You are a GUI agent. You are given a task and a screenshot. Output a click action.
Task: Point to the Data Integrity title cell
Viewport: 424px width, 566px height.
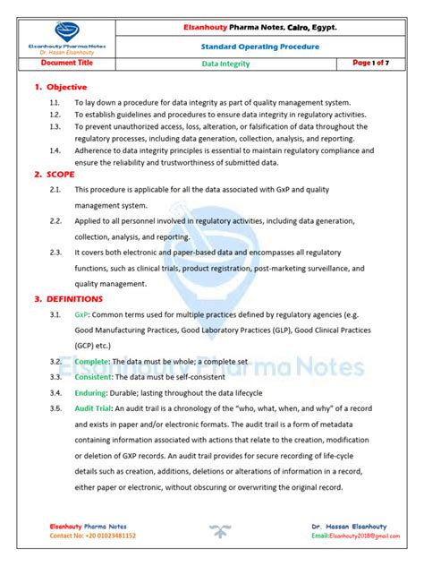tap(225, 64)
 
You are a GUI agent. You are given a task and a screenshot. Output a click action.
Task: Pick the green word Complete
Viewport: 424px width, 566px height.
tap(92, 360)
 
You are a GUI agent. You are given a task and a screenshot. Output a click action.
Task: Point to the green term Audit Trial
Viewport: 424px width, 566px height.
tap(95, 408)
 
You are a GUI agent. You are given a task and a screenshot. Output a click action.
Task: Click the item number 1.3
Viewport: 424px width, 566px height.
tap(55, 127)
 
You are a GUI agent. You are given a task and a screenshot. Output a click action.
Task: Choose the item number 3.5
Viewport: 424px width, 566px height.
tap(55, 408)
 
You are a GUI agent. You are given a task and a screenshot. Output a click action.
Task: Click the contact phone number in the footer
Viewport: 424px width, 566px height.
tap(93, 535)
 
